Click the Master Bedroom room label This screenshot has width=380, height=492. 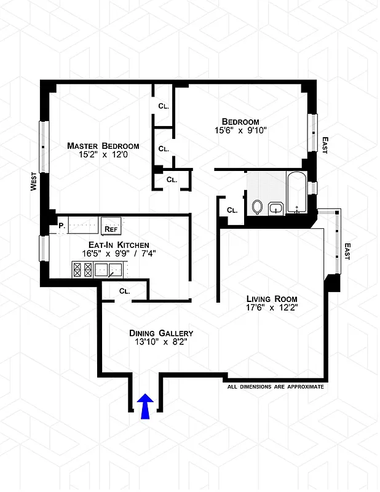(x=103, y=146)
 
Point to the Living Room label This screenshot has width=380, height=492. (x=267, y=296)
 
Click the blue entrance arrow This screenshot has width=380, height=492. (x=145, y=407)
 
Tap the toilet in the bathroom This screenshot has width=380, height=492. (x=258, y=207)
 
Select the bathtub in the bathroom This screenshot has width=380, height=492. (x=297, y=193)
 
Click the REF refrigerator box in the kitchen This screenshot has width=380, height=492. (x=111, y=228)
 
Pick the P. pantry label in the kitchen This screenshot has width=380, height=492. (x=61, y=226)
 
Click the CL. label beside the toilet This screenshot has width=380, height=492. (x=232, y=210)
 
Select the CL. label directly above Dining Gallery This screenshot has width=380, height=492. (x=124, y=291)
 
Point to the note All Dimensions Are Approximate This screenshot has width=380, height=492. (x=275, y=387)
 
